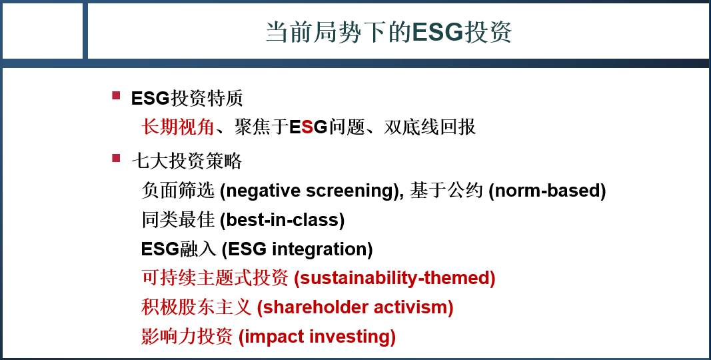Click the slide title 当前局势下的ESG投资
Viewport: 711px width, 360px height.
(388, 32)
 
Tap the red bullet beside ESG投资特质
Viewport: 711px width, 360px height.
(116, 95)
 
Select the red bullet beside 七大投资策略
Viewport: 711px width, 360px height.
(116, 158)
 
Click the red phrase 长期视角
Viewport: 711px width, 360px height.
(178, 127)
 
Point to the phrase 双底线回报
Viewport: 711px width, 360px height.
(430, 127)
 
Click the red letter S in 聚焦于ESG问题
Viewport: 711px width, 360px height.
(307, 127)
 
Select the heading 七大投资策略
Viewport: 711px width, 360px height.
(187, 161)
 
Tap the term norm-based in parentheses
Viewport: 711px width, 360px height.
(547, 191)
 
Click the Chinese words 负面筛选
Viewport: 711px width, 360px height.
(178, 191)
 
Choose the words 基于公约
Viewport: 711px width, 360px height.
(446, 191)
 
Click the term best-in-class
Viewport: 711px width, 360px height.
(282, 220)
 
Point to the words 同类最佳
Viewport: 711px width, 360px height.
(178, 220)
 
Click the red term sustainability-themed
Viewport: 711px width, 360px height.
(394, 279)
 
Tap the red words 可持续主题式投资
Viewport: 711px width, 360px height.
(215, 278)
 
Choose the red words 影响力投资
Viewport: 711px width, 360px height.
(187, 337)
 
